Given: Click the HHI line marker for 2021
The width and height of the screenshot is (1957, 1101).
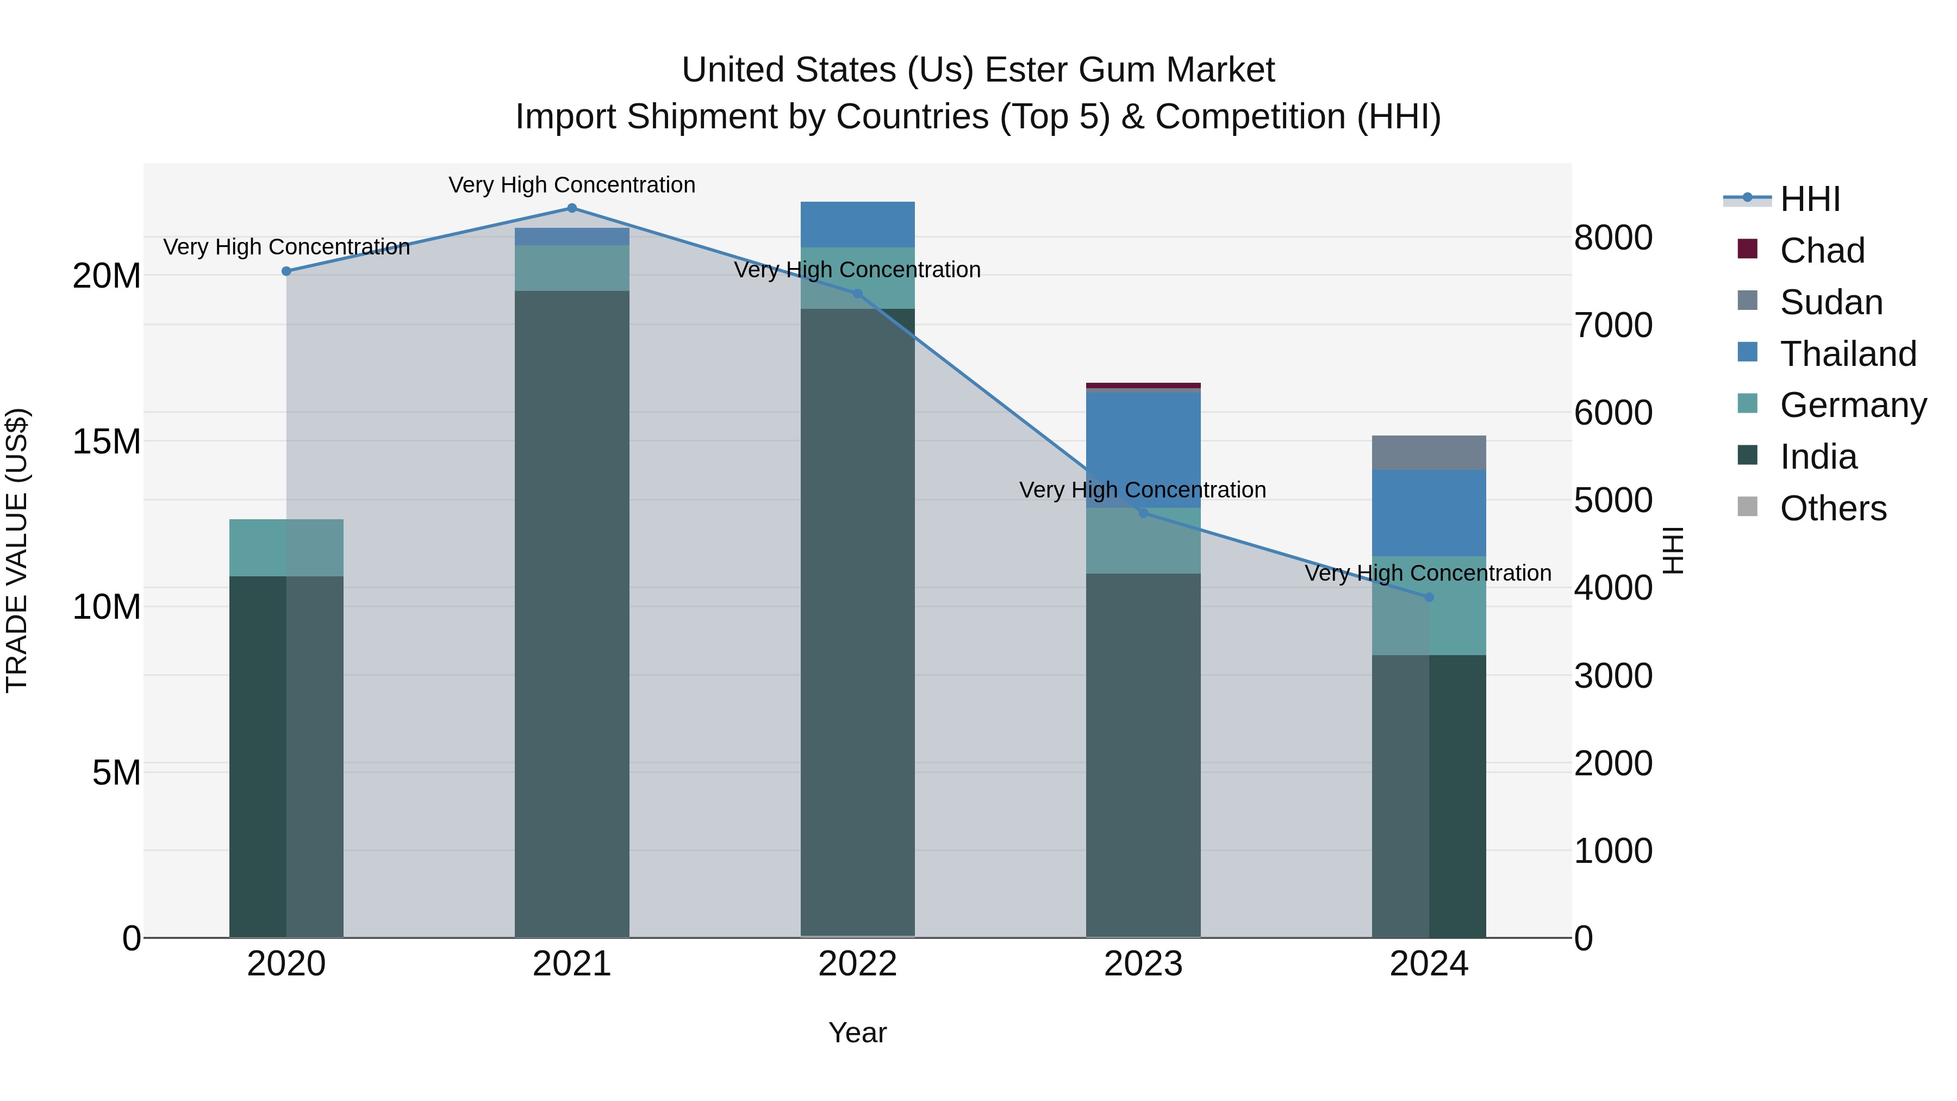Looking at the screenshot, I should (x=572, y=208).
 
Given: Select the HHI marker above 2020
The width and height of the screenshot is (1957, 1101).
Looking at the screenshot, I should (x=286, y=271).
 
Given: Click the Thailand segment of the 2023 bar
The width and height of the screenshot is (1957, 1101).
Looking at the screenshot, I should (x=1143, y=449).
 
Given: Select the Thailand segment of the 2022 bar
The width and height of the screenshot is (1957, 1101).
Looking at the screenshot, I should (x=858, y=224).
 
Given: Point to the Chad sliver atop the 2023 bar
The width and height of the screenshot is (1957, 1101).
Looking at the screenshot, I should (x=1143, y=385).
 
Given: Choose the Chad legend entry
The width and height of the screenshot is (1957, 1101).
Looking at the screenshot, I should (x=1822, y=251).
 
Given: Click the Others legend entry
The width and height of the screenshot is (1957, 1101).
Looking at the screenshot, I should (x=1833, y=508).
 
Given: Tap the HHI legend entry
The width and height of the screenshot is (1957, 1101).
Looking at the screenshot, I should (x=1810, y=199).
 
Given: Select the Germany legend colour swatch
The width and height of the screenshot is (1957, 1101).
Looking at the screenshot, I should (x=1747, y=403).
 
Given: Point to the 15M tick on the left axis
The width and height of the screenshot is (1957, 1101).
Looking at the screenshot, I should (x=107, y=441).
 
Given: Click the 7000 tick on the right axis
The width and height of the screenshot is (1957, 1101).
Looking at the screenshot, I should (x=1613, y=325).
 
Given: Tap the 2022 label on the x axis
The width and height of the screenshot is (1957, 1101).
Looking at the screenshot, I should (x=858, y=964).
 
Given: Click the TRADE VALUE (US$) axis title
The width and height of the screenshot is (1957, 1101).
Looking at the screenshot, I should (x=17, y=550).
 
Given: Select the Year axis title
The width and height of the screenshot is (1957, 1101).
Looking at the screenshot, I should (x=858, y=1032).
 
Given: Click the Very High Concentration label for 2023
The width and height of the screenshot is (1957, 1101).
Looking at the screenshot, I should (x=1143, y=490).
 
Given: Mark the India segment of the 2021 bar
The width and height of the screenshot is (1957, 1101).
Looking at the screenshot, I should (x=572, y=608).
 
